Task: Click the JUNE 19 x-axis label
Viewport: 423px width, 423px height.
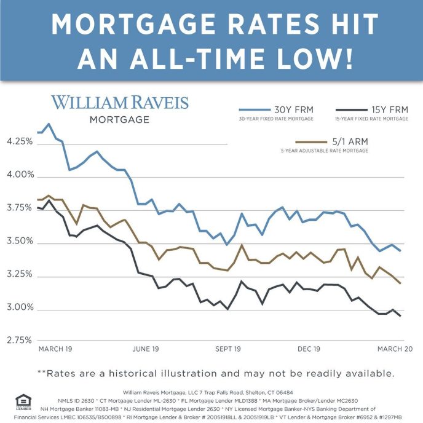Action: (146, 349)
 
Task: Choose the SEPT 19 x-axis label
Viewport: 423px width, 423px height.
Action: (227, 349)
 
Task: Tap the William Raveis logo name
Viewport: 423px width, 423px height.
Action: (120, 102)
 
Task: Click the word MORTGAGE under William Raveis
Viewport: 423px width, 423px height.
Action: (119, 120)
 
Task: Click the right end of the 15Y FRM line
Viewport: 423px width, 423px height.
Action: (401, 316)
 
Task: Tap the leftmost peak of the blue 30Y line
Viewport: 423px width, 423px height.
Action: (49, 124)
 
